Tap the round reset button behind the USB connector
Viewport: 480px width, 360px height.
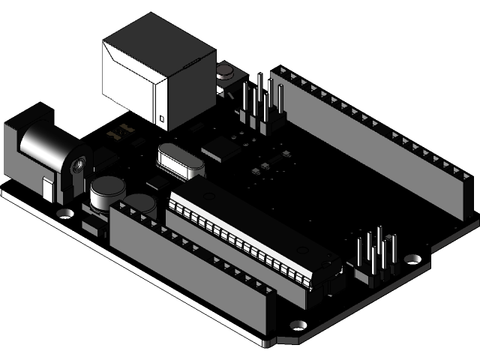(224, 72)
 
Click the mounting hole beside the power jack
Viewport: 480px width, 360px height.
(66, 212)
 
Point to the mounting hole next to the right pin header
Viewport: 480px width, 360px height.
(412, 258)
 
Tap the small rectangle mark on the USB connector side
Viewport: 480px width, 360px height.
(159, 117)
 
